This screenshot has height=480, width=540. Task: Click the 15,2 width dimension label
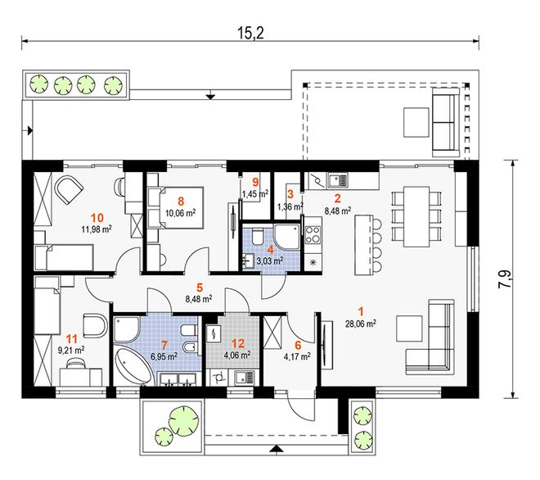250,33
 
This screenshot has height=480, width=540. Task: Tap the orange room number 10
97,218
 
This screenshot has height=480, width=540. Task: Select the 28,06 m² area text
361,324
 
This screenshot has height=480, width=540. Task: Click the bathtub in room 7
133,366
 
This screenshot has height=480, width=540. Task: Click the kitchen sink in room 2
338,179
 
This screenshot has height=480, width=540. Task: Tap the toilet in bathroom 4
258,236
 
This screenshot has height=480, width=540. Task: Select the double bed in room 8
176,207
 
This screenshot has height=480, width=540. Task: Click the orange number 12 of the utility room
238,343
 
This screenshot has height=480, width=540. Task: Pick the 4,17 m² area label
297,356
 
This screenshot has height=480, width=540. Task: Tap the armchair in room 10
69,190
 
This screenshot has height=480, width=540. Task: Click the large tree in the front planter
184,419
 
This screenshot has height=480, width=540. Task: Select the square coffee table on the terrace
416,122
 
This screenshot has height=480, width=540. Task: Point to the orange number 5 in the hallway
200,287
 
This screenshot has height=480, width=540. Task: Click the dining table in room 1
416,216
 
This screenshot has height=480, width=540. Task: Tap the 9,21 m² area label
71,351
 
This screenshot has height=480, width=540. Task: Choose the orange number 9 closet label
255,182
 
